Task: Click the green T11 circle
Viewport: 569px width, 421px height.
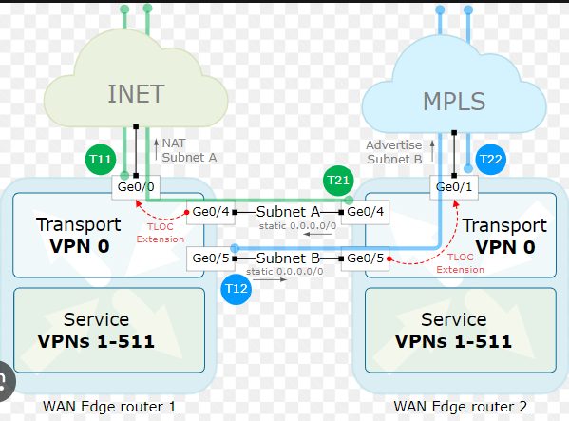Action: pos(101,159)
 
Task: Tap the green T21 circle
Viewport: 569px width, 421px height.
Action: pos(338,181)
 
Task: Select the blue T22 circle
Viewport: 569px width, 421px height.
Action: pos(490,160)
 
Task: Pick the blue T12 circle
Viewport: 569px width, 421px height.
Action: pos(237,289)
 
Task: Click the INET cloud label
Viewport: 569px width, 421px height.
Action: pos(137,94)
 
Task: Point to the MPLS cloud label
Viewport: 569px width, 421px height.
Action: pos(454,102)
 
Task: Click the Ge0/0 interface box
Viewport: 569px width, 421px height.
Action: pos(136,187)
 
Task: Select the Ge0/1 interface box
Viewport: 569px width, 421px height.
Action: pos(454,187)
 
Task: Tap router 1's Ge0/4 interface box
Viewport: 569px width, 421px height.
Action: pos(211,212)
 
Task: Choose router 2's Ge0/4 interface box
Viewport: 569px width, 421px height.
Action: pos(365,212)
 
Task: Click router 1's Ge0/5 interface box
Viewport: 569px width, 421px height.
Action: pos(211,258)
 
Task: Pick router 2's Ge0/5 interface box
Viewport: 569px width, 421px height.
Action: pos(365,258)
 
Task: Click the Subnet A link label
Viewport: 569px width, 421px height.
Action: pos(288,212)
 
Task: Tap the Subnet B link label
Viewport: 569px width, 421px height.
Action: pos(288,258)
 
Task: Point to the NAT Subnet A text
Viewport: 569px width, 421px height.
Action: pos(189,150)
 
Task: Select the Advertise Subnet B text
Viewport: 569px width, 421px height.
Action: pos(394,152)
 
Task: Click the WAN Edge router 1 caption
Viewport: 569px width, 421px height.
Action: pos(109,407)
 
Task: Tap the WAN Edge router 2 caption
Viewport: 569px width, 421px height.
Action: pos(461,407)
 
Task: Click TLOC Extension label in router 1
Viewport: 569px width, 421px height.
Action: pos(161,233)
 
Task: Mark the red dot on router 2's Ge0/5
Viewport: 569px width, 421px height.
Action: pos(389,258)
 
